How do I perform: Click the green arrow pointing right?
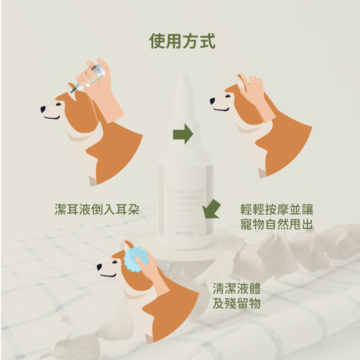click(182, 133)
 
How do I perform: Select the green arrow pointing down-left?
click(210, 209)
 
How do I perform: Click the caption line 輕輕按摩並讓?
click(276, 210)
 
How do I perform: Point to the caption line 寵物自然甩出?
click(276, 225)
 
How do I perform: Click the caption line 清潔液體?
click(237, 289)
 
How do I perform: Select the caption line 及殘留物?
click(237, 304)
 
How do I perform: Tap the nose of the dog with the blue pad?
click(99, 268)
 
